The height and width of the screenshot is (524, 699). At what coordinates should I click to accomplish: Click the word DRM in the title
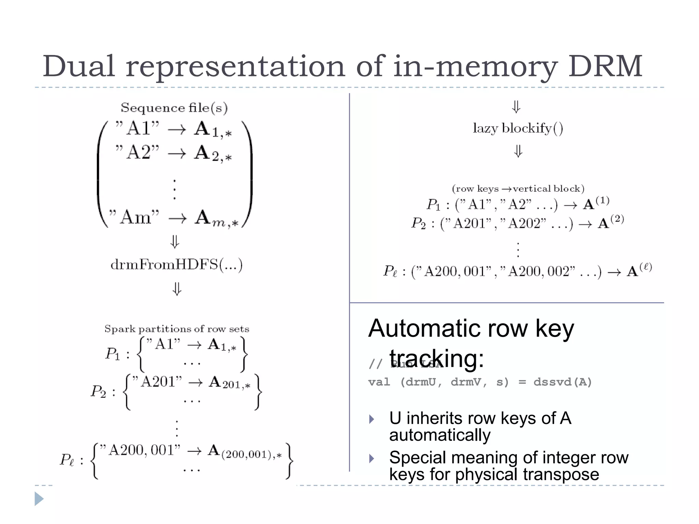[x=605, y=67]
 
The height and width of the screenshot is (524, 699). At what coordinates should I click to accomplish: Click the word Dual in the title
[x=78, y=67]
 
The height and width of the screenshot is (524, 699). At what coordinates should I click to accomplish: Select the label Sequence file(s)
[x=174, y=108]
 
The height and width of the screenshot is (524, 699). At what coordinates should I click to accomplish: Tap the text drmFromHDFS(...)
[x=176, y=265]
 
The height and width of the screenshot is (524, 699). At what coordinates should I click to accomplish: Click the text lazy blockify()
[x=518, y=129]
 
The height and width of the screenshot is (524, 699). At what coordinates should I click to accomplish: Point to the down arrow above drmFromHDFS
[x=175, y=242]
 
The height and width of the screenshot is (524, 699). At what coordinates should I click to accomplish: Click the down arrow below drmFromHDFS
[x=177, y=289]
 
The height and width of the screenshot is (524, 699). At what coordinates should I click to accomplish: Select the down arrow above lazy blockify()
[x=516, y=107]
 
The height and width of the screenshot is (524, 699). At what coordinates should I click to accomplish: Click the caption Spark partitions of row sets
[x=177, y=329]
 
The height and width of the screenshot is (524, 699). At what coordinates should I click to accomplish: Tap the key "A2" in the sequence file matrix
[x=138, y=152]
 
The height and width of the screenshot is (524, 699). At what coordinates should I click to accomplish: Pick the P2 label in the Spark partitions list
[x=98, y=391]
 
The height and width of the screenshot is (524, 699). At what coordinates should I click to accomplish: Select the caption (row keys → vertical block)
[x=518, y=189]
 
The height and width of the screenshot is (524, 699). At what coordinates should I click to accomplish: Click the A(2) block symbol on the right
[x=611, y=222]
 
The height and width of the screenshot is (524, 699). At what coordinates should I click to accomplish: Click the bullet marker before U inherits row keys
[x=372, y=419]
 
